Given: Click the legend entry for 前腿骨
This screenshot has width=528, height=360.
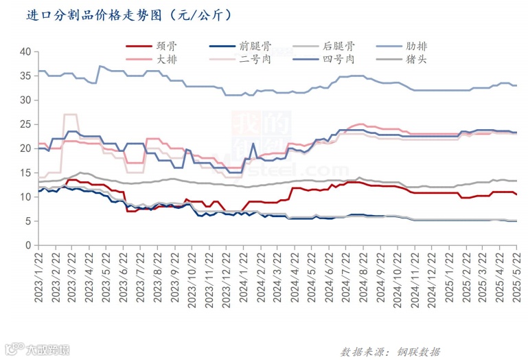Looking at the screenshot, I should [x=255, y=47].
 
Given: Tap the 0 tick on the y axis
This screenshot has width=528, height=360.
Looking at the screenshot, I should [x=27, y=245].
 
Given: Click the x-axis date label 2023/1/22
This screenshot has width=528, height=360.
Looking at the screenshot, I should [x=40, y=274].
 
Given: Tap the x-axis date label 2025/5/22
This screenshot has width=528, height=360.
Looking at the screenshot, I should [x=516, y=274].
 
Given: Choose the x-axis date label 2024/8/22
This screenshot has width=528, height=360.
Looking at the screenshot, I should [x=363, y=274].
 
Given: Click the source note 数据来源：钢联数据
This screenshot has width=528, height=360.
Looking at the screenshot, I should [x=390, y=352].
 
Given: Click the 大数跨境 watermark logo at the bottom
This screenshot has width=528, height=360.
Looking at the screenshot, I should [x=37, y=351].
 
